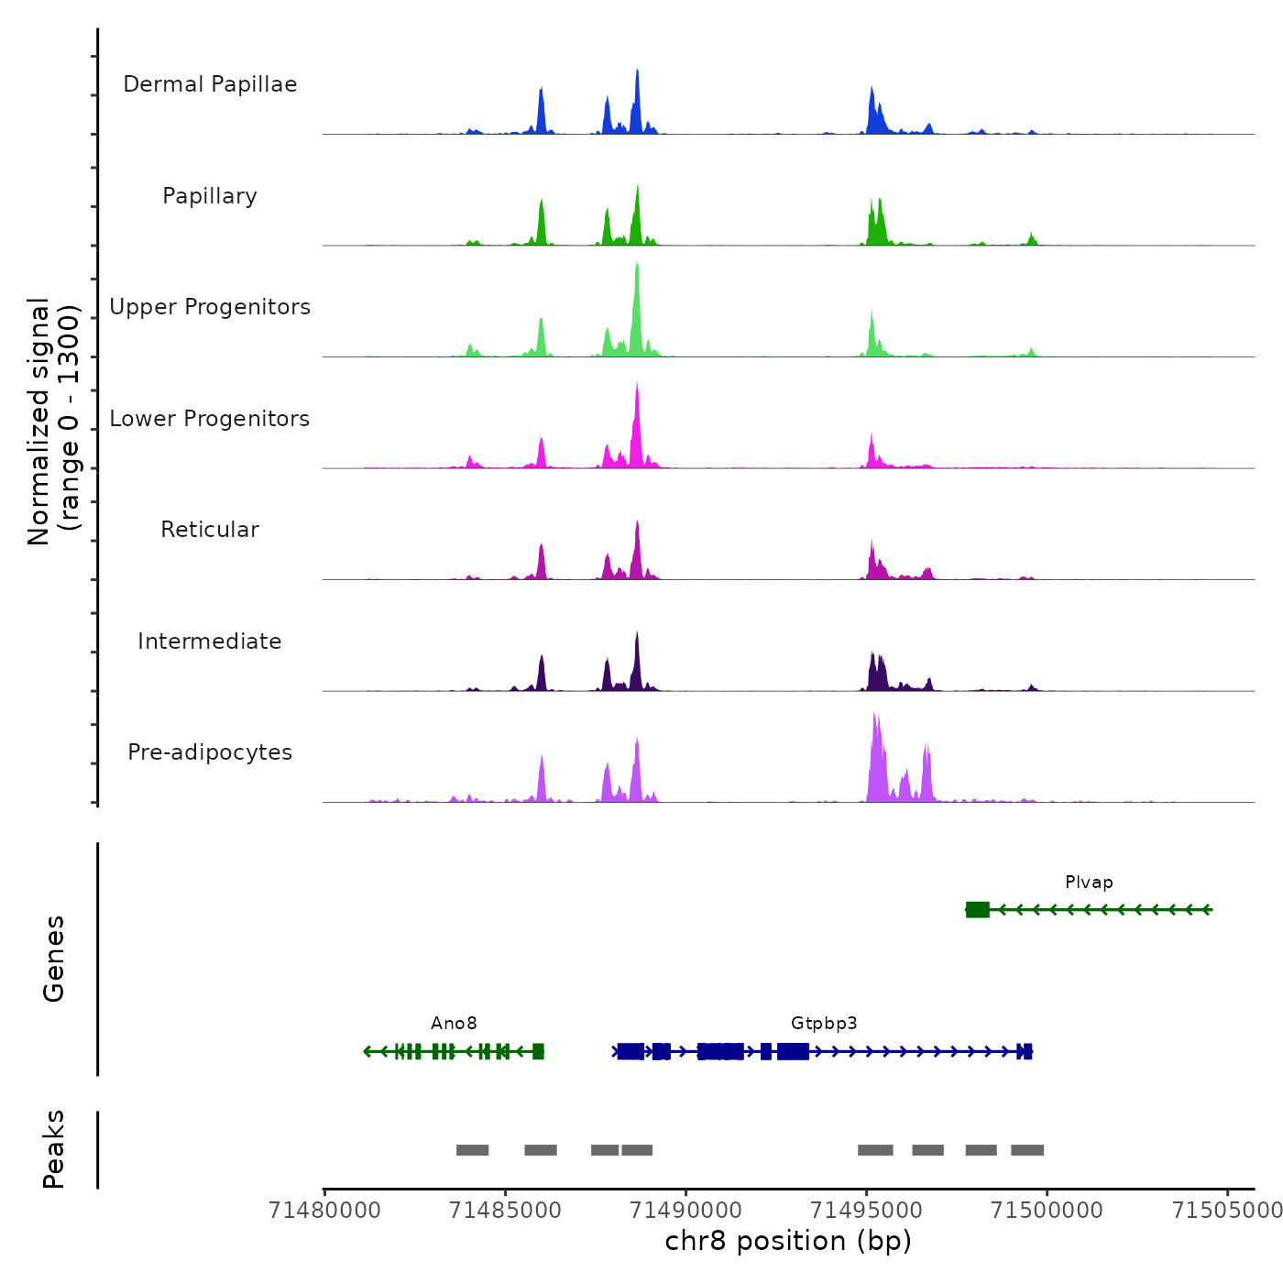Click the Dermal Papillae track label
(210, 84)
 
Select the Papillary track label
(210, 196)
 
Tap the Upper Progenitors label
(210, 307)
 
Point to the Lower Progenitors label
(210, 419)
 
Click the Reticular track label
(210, 530)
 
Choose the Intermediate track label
(210, 641)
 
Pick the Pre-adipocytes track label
(210, 752)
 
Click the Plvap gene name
(1089, 883)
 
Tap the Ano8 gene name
(454, 1024)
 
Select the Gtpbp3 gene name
(824, 1024)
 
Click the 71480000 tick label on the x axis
(324, 1211)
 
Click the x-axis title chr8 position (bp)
(788, 1241)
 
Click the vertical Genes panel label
(53, 959)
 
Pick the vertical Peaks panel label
(53, 1149)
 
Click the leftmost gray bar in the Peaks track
(472, 1150)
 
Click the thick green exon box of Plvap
(978, 910)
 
